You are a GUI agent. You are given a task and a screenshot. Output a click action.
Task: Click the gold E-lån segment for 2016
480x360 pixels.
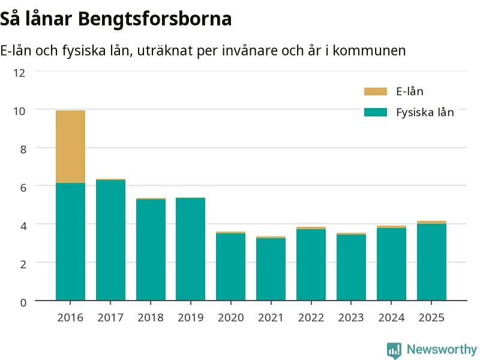coord(70,146)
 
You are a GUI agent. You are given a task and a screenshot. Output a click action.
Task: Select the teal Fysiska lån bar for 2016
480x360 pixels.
coord(70,242)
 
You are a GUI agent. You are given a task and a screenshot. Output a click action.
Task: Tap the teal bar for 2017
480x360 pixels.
coord(110,240)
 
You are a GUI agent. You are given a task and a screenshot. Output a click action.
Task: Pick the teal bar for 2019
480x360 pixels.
coord(190,249)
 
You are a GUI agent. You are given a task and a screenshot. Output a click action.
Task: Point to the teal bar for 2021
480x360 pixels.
coord(271,269)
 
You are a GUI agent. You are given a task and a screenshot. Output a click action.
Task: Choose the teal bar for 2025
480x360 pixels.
coord(431,262)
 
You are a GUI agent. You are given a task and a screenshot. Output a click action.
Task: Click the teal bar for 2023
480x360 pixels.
coord(351,267)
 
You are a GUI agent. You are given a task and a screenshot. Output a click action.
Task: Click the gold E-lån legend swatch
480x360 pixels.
coord(376,92)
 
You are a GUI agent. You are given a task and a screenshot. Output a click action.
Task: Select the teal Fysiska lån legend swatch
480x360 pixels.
coord(376,112)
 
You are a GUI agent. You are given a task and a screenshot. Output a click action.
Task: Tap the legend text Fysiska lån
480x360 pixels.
coord(425,113)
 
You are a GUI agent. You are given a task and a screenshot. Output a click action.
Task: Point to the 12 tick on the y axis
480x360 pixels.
coord(19,73)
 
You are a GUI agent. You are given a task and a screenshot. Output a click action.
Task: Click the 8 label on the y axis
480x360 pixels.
coord(23,149)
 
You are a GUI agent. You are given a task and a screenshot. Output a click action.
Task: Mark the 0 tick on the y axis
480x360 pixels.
coord(23,302)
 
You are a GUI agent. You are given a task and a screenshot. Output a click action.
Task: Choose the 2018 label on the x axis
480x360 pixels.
coord(151,317)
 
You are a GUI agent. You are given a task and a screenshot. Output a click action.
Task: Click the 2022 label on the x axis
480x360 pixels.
coord(311,317)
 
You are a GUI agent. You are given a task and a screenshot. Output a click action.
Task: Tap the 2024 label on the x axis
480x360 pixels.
coord(391,317)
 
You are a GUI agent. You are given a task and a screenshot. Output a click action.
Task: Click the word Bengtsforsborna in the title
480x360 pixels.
coord(155,19)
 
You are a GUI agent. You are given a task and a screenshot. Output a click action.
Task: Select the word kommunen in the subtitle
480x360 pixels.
coord(369,50)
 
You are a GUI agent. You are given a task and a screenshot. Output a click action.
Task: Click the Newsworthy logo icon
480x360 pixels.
coord(394,350)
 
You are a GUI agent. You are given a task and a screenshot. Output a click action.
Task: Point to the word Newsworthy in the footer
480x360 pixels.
coord(442,349)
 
